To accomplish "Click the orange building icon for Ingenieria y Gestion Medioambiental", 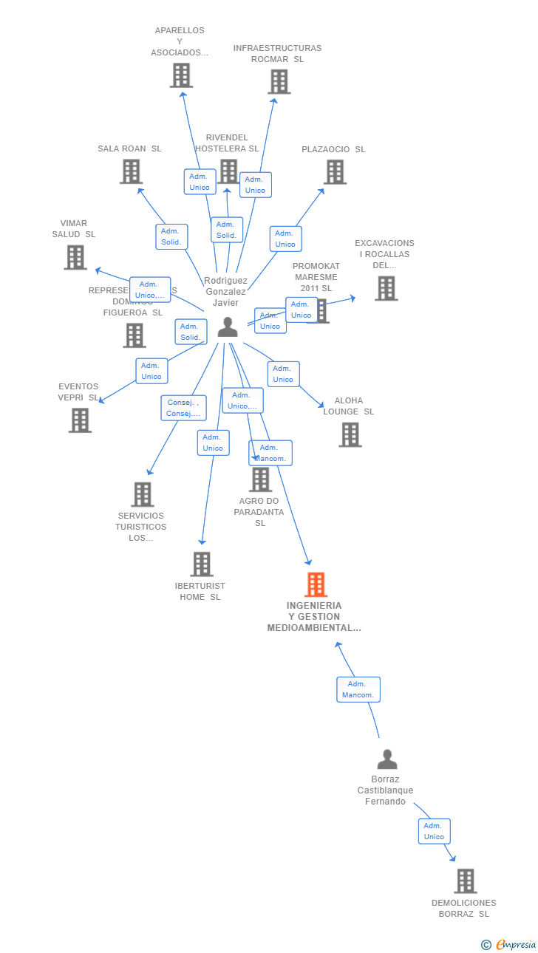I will pos(316,584).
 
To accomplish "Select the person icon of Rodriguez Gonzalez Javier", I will pos(228,327).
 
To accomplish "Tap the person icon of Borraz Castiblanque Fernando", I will pos(387,759).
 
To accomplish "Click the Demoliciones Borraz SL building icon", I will pos(465,881).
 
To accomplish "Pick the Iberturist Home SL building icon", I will pos(201,564).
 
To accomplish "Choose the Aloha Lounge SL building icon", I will pos(350,434).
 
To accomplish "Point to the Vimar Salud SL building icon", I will pos(75,257).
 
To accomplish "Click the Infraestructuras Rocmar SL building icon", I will pos(279,81).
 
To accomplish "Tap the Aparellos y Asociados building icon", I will pos(180,75).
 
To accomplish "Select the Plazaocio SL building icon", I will pos(335,172).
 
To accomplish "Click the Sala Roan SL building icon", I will pos(131,171).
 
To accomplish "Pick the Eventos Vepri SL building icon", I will pos(80,420).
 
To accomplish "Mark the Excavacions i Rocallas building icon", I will pos(386,288).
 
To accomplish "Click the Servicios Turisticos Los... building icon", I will pos(142,494).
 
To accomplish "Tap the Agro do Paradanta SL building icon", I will pos(260,479).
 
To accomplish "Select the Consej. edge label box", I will pos(183,408).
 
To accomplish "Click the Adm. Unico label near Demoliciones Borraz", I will pos(434,831).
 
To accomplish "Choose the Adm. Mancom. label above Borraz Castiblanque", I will pos(358,689).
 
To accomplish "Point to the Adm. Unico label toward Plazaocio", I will pos(285,239).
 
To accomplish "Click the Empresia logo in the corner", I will pos(509,944).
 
